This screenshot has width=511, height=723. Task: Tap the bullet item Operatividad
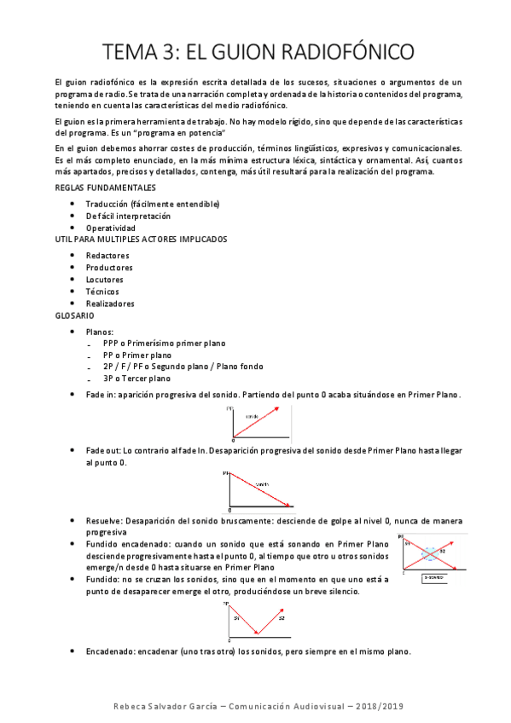[110, 228]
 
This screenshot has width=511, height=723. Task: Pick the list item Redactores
[107, 255]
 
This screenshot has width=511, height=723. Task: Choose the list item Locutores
[104, 279]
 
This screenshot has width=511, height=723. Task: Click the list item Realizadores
[110, 304]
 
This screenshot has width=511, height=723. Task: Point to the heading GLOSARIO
[73, 315]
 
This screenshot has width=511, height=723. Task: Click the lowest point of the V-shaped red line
[258, 633]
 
